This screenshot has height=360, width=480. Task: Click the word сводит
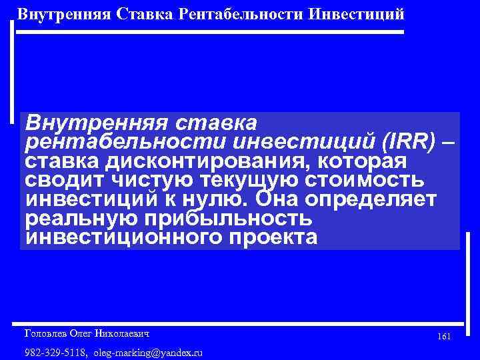pos(61,181)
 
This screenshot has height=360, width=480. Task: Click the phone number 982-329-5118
pos(54,352)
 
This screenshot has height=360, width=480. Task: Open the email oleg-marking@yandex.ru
pos(148,352)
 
